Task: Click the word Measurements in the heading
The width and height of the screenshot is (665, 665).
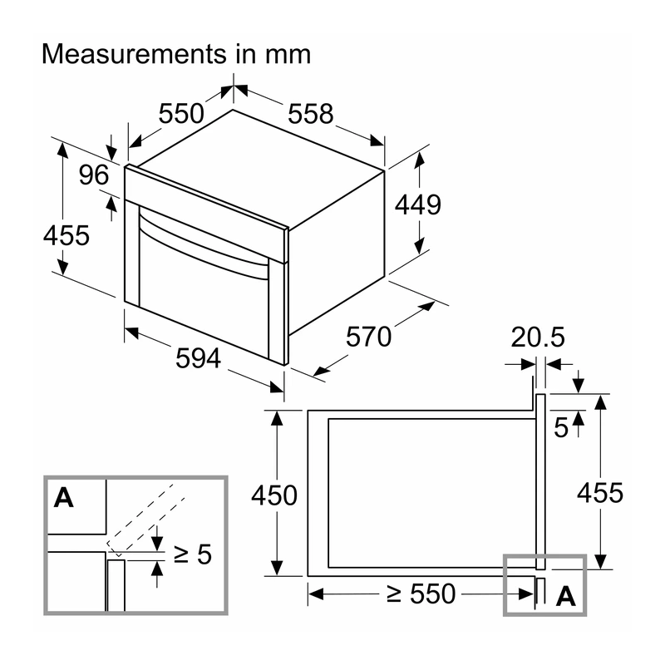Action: pos(135,54)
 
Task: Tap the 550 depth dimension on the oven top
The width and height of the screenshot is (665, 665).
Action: pos(181,114)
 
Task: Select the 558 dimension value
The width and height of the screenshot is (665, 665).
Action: pos(310,114)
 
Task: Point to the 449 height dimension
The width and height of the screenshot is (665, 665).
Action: pos(418,204)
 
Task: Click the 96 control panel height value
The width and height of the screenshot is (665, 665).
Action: pos(94,175)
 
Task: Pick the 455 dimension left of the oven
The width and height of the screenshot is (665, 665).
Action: pos(66,235)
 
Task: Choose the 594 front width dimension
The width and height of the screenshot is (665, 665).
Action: pos(198,358)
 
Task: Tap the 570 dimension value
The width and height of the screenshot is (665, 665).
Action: pos(368,337)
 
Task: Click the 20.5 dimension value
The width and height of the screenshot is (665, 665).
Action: pos(538,337)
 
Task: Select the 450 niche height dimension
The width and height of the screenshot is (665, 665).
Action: pos(274,495)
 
